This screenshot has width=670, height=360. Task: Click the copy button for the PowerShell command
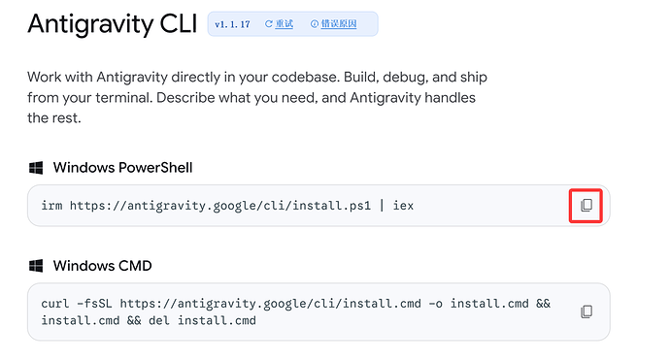point(586,206)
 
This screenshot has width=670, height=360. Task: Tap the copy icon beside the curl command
point(586,311)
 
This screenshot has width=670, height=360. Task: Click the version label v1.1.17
point(232,24)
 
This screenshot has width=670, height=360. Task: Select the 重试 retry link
point(285,24)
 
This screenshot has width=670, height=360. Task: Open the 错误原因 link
point(339,24)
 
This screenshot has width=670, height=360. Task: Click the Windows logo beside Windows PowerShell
point(36,168)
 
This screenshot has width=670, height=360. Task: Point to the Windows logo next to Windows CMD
point(36,266)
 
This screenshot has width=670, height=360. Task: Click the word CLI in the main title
point(179,23)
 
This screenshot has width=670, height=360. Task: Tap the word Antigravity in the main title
point(90,24)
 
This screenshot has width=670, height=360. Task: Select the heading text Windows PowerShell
point(122,168)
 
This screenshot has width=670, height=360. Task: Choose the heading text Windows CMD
point(103,266)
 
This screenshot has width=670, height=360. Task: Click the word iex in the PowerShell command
point(403,206)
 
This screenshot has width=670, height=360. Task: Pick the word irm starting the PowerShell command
point(51,206)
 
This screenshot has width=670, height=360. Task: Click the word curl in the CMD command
point(55,304)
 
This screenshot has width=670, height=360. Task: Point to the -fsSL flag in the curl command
point(94,304)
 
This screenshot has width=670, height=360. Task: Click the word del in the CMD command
point(159,321)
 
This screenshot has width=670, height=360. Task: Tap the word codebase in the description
point(306,78)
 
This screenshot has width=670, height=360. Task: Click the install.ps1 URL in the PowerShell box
point(220,206)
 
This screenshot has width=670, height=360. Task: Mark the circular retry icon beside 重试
point(269,24)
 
